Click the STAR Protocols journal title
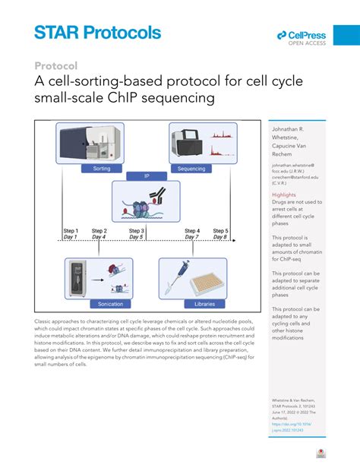point(98,33)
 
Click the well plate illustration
point(208,284)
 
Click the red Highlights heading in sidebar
point(285,194)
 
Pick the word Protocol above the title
point(55,66)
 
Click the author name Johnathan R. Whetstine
point(292,134)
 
